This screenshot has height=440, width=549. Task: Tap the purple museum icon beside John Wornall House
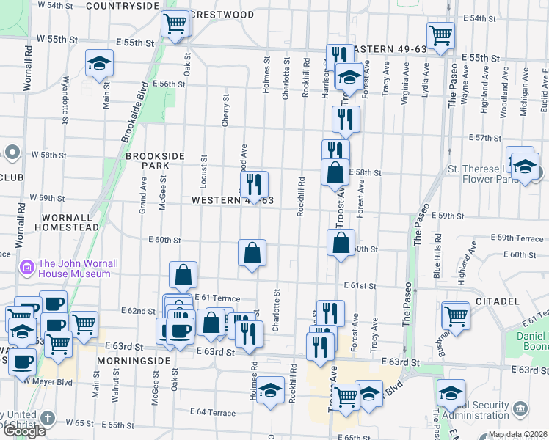tap(27, 268)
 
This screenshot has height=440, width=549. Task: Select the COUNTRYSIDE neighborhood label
tap(123, 6)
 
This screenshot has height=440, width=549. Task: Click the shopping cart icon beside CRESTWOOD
tap(175, 23)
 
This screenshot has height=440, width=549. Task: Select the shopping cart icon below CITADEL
tap(456, 316)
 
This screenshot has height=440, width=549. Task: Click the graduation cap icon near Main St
tap(99, 63)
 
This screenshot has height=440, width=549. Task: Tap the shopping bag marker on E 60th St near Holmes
tap(252, 254)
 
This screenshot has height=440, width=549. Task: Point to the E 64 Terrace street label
tap(213, 412)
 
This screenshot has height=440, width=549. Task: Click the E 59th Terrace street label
tap(519, 239)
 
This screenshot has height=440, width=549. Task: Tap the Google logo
tap(24, 431)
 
